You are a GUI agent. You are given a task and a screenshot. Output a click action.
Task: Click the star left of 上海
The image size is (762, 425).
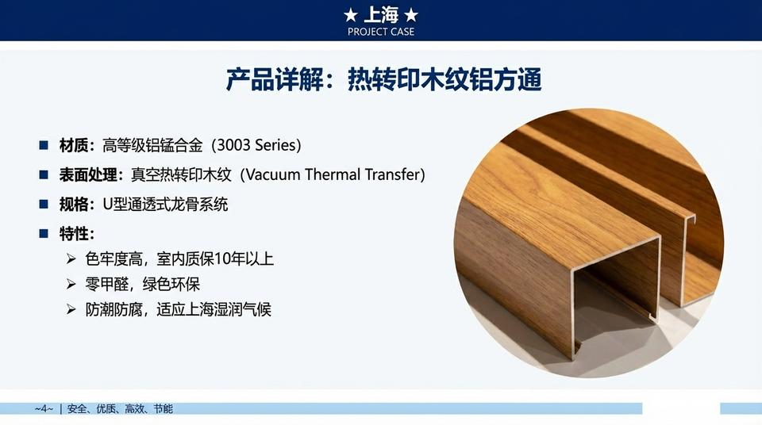(x=351, y=16)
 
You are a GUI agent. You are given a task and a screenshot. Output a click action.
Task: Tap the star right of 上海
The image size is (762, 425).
(x=411, y=16)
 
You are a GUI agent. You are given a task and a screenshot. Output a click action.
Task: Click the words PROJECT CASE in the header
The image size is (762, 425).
(x=381, y=32)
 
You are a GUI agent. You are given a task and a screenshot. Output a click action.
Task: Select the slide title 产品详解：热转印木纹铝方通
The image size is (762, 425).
(x=383, y=79)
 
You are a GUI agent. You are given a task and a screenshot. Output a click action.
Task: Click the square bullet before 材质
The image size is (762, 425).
(x=44, y=145)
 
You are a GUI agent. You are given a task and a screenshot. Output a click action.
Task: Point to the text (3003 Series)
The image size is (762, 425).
(x=256, y=145)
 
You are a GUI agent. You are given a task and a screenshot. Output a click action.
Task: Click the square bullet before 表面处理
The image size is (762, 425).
(x=44, y=174)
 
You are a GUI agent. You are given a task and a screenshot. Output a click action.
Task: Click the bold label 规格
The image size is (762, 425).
(x=73, y=205)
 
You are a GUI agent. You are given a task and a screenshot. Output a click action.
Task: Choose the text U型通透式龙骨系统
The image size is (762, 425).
(x=165, y=205)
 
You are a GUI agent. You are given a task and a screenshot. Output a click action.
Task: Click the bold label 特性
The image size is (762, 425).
(x=73, y=234)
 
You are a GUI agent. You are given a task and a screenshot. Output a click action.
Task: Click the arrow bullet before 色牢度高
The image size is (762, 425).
(x=71, y=259)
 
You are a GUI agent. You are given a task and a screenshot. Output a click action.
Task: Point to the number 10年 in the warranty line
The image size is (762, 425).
(x=230, y=259)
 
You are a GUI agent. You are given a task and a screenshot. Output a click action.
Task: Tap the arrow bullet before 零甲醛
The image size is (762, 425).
(x=71, y=284)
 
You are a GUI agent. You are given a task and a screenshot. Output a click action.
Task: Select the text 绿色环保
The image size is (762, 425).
(x=171, y=284)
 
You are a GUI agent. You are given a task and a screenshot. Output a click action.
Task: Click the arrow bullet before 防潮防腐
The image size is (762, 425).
(x=71, y=309)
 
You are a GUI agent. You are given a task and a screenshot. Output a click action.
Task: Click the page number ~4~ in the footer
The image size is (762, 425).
(x=44, y=409)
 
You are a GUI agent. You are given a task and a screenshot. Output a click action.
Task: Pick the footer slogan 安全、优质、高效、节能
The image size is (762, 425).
(x=120, y=409)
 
